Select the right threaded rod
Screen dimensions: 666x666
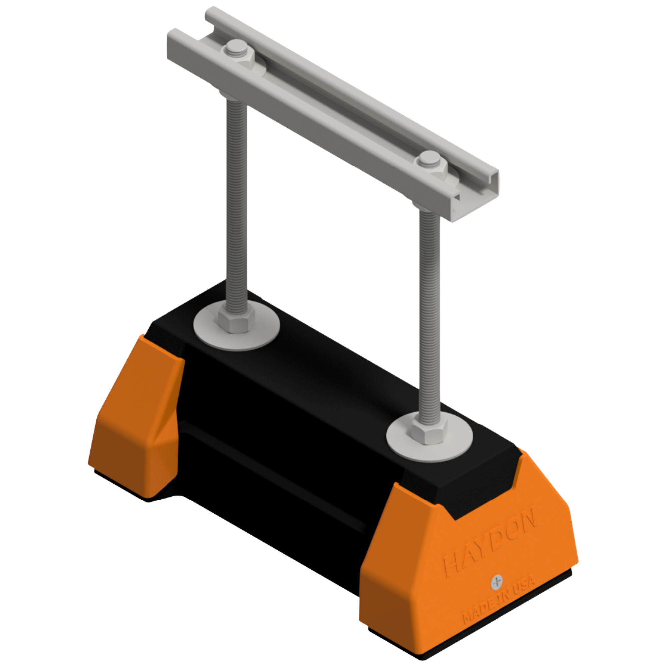430,310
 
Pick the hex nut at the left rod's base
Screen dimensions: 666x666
236,319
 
